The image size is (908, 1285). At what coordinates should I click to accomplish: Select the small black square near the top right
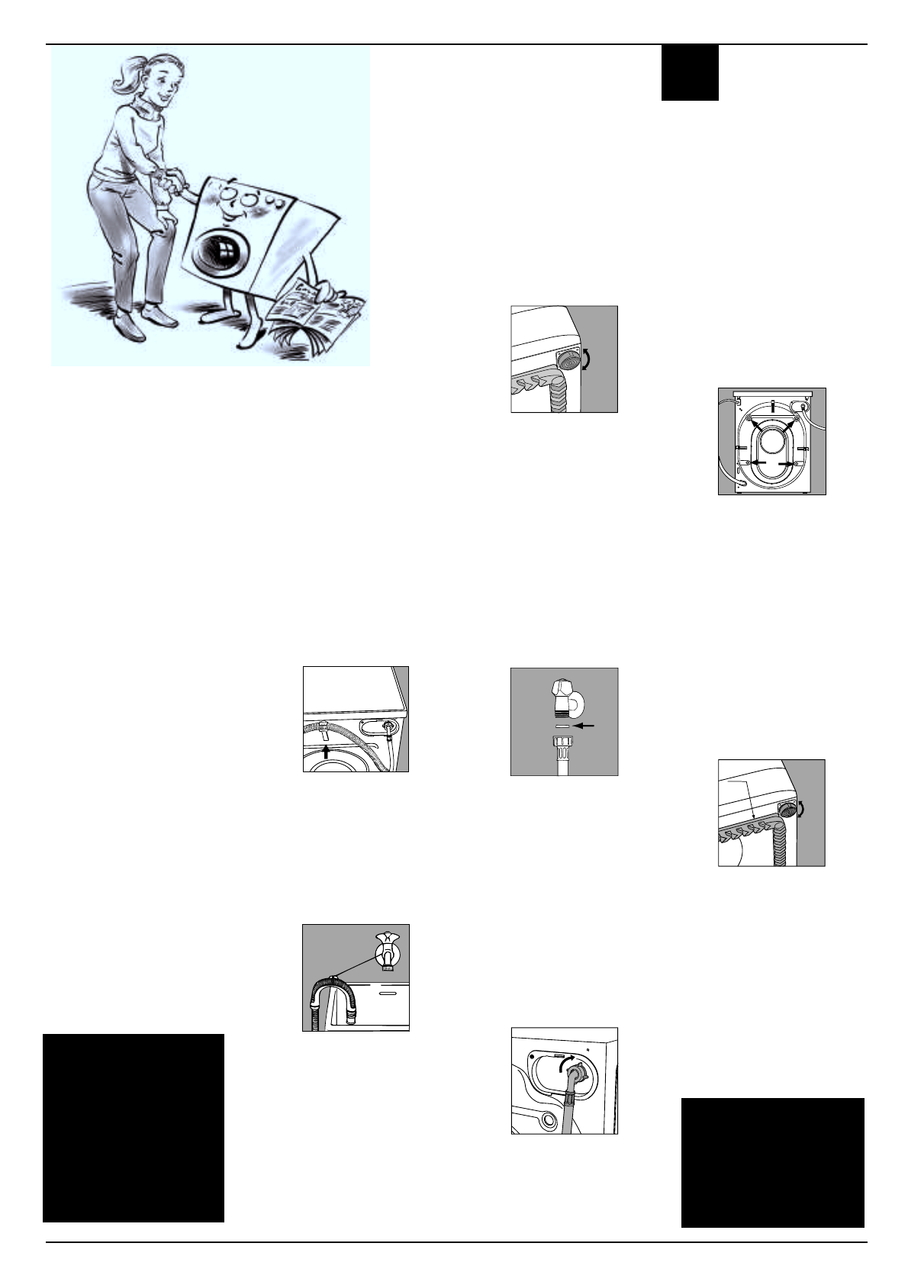(x=690, y=72)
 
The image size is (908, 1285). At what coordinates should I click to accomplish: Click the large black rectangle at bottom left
(x=134, y=1128)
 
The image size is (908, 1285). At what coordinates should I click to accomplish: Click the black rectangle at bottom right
(x=772, y=1162)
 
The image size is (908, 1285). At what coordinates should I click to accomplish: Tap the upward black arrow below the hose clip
(x=327, y=751)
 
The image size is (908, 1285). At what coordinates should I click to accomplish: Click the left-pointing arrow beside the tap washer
(x=584, y=726)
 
